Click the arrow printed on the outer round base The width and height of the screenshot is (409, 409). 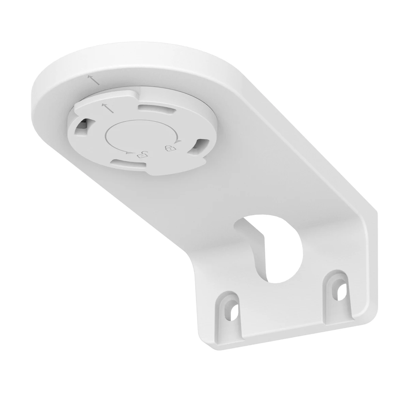[94, 80]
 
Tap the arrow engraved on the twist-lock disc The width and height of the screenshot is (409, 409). [106, 107]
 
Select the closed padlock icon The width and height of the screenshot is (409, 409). [169, 149]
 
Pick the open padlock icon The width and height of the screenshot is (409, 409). [141, 155]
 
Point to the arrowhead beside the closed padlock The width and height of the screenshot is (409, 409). [179, 141]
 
